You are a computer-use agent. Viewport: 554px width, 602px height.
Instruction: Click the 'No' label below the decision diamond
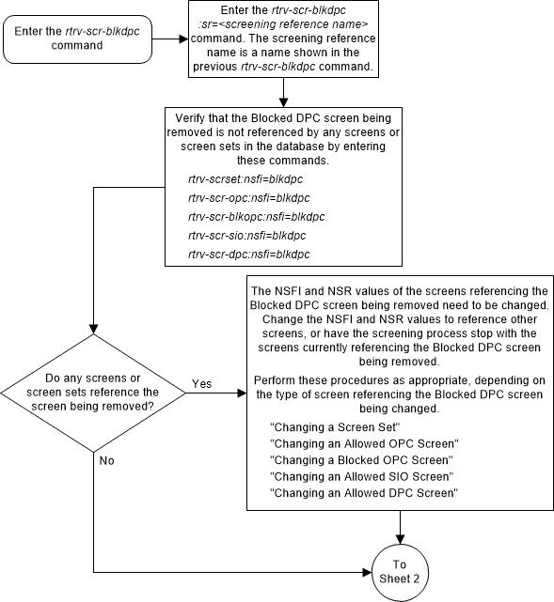(105, 461)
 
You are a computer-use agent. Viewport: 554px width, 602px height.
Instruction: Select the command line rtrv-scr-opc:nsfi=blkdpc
(249, 197)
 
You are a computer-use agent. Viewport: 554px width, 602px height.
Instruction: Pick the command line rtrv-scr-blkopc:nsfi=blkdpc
(256, 216)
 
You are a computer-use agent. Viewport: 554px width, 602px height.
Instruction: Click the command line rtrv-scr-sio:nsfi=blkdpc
(247, 235)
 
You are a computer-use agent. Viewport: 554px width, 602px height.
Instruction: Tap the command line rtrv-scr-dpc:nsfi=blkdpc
(249, 254)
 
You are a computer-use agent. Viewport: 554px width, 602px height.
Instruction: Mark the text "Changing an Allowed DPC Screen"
(363, 492)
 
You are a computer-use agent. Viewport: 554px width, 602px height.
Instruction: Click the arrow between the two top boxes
(169, 41)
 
